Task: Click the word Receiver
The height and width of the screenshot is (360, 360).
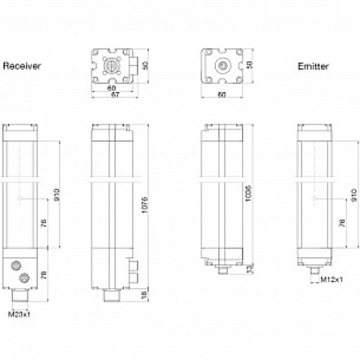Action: tap(22, 66)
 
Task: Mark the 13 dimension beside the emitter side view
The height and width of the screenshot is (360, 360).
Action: tap(248, 268)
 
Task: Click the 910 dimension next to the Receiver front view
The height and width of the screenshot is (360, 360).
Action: tap(57, 194)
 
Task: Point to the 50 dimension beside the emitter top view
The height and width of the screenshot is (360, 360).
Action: tap(250, 65)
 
